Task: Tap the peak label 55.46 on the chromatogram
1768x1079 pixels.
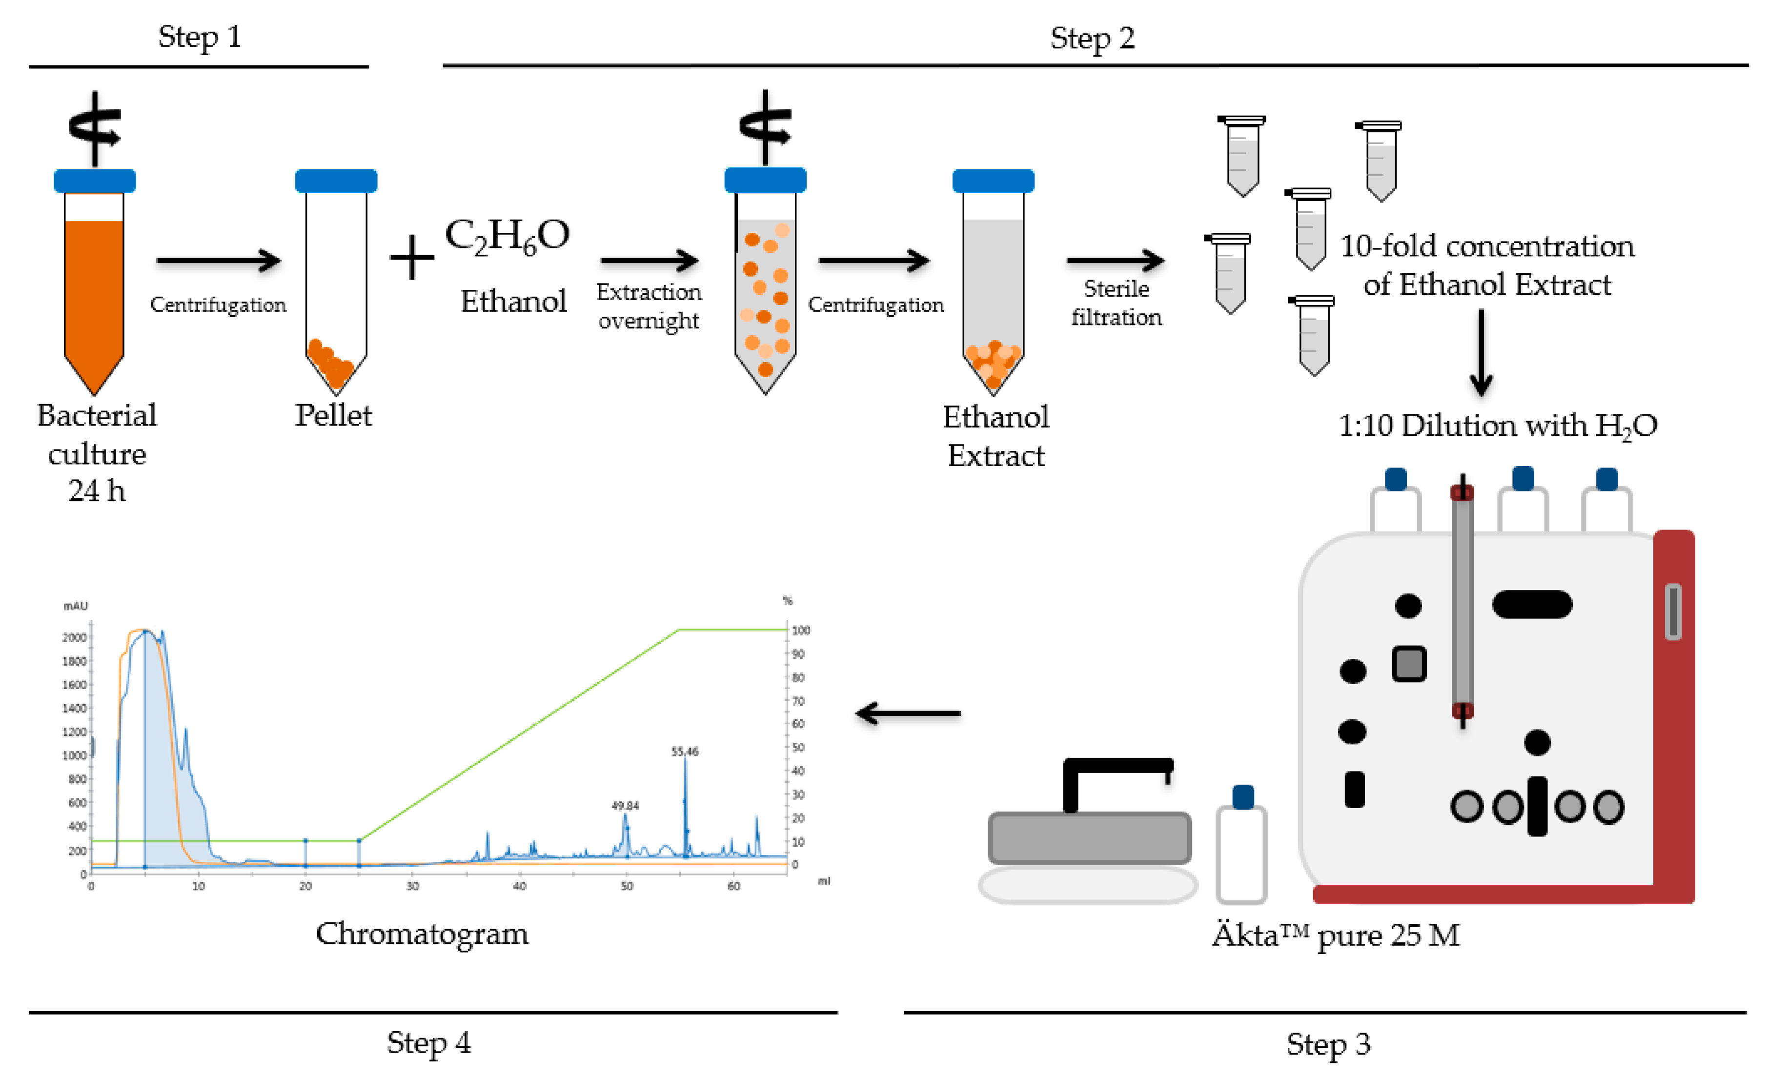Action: (685, 751)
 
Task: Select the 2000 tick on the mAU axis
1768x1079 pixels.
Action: (75, 637)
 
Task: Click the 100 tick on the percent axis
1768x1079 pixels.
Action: (801, 630)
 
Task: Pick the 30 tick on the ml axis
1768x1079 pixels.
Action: (412, 886)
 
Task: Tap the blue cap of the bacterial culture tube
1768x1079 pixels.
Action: (95, 180)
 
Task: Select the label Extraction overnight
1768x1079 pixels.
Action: (649, 305)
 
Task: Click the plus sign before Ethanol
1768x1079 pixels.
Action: (412, 257)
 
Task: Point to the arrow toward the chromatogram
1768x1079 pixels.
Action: (908, 713)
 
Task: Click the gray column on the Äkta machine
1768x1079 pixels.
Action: (1463, 603)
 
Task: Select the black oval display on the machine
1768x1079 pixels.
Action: (1532, 604)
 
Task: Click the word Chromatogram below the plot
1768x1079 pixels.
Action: (422, 934)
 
